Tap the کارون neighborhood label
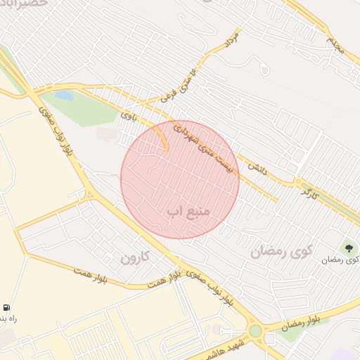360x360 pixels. coord(136,258)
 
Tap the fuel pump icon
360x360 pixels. coord(6,307)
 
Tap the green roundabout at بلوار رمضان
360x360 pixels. coord(255,330)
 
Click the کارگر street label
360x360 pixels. coord(311,191)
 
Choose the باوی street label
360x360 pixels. coord(127,115)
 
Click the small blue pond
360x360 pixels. coord(64,95)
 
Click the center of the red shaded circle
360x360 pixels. coord(180,180)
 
